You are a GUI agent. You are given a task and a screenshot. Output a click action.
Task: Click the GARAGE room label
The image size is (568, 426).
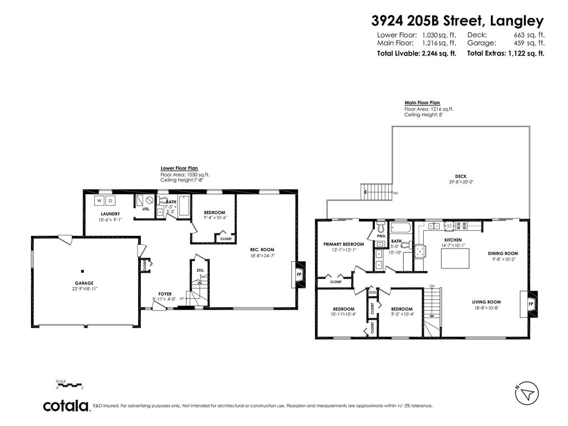point(84,283)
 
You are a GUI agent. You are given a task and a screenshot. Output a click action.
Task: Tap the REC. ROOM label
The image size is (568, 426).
point(262,250)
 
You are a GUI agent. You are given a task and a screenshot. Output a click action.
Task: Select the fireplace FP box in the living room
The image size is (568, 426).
point(530,304)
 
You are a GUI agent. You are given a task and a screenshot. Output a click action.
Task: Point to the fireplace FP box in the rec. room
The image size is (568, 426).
point(298,274)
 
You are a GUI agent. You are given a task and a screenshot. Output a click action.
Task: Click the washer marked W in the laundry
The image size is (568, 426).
point(100,200)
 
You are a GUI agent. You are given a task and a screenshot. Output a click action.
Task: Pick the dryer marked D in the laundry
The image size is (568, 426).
point(110,200)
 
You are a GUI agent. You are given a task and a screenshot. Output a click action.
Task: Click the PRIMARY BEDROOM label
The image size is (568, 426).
point(344,244)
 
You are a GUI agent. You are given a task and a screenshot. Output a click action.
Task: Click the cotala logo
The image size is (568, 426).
point(67,406)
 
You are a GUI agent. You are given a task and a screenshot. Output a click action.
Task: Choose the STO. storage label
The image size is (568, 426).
point(200,270)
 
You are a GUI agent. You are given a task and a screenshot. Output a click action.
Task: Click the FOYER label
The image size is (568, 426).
point(165,293)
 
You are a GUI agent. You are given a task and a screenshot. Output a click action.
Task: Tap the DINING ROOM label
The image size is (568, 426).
point(503,253)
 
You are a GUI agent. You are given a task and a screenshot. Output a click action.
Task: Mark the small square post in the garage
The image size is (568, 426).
point(82,271)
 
